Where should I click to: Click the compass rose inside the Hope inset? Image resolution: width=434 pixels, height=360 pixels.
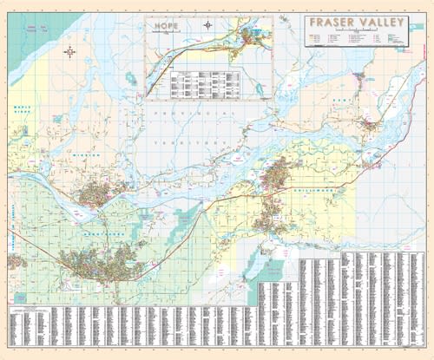coord(208,25)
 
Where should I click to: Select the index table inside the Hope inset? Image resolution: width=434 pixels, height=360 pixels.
coord(203,83)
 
